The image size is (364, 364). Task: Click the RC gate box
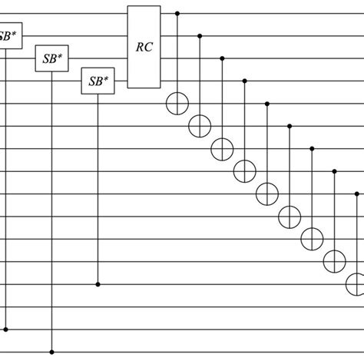click(x=144, y=46)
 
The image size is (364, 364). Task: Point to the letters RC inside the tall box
click(x=144, y=46)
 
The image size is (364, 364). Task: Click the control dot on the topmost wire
click(x=178, y=13)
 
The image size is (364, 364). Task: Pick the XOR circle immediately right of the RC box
click(x=178, y=103)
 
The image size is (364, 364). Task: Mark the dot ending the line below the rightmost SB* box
click(x=98, y=284)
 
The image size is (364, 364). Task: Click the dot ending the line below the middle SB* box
click(x=51, y=352)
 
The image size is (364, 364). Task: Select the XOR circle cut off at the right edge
click(x=356, y=283)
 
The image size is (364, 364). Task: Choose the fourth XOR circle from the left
click(x=245, y=169)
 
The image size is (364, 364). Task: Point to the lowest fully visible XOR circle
click(x=334, y=260)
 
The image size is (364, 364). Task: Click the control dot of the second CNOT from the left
click(x=200, y=35)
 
